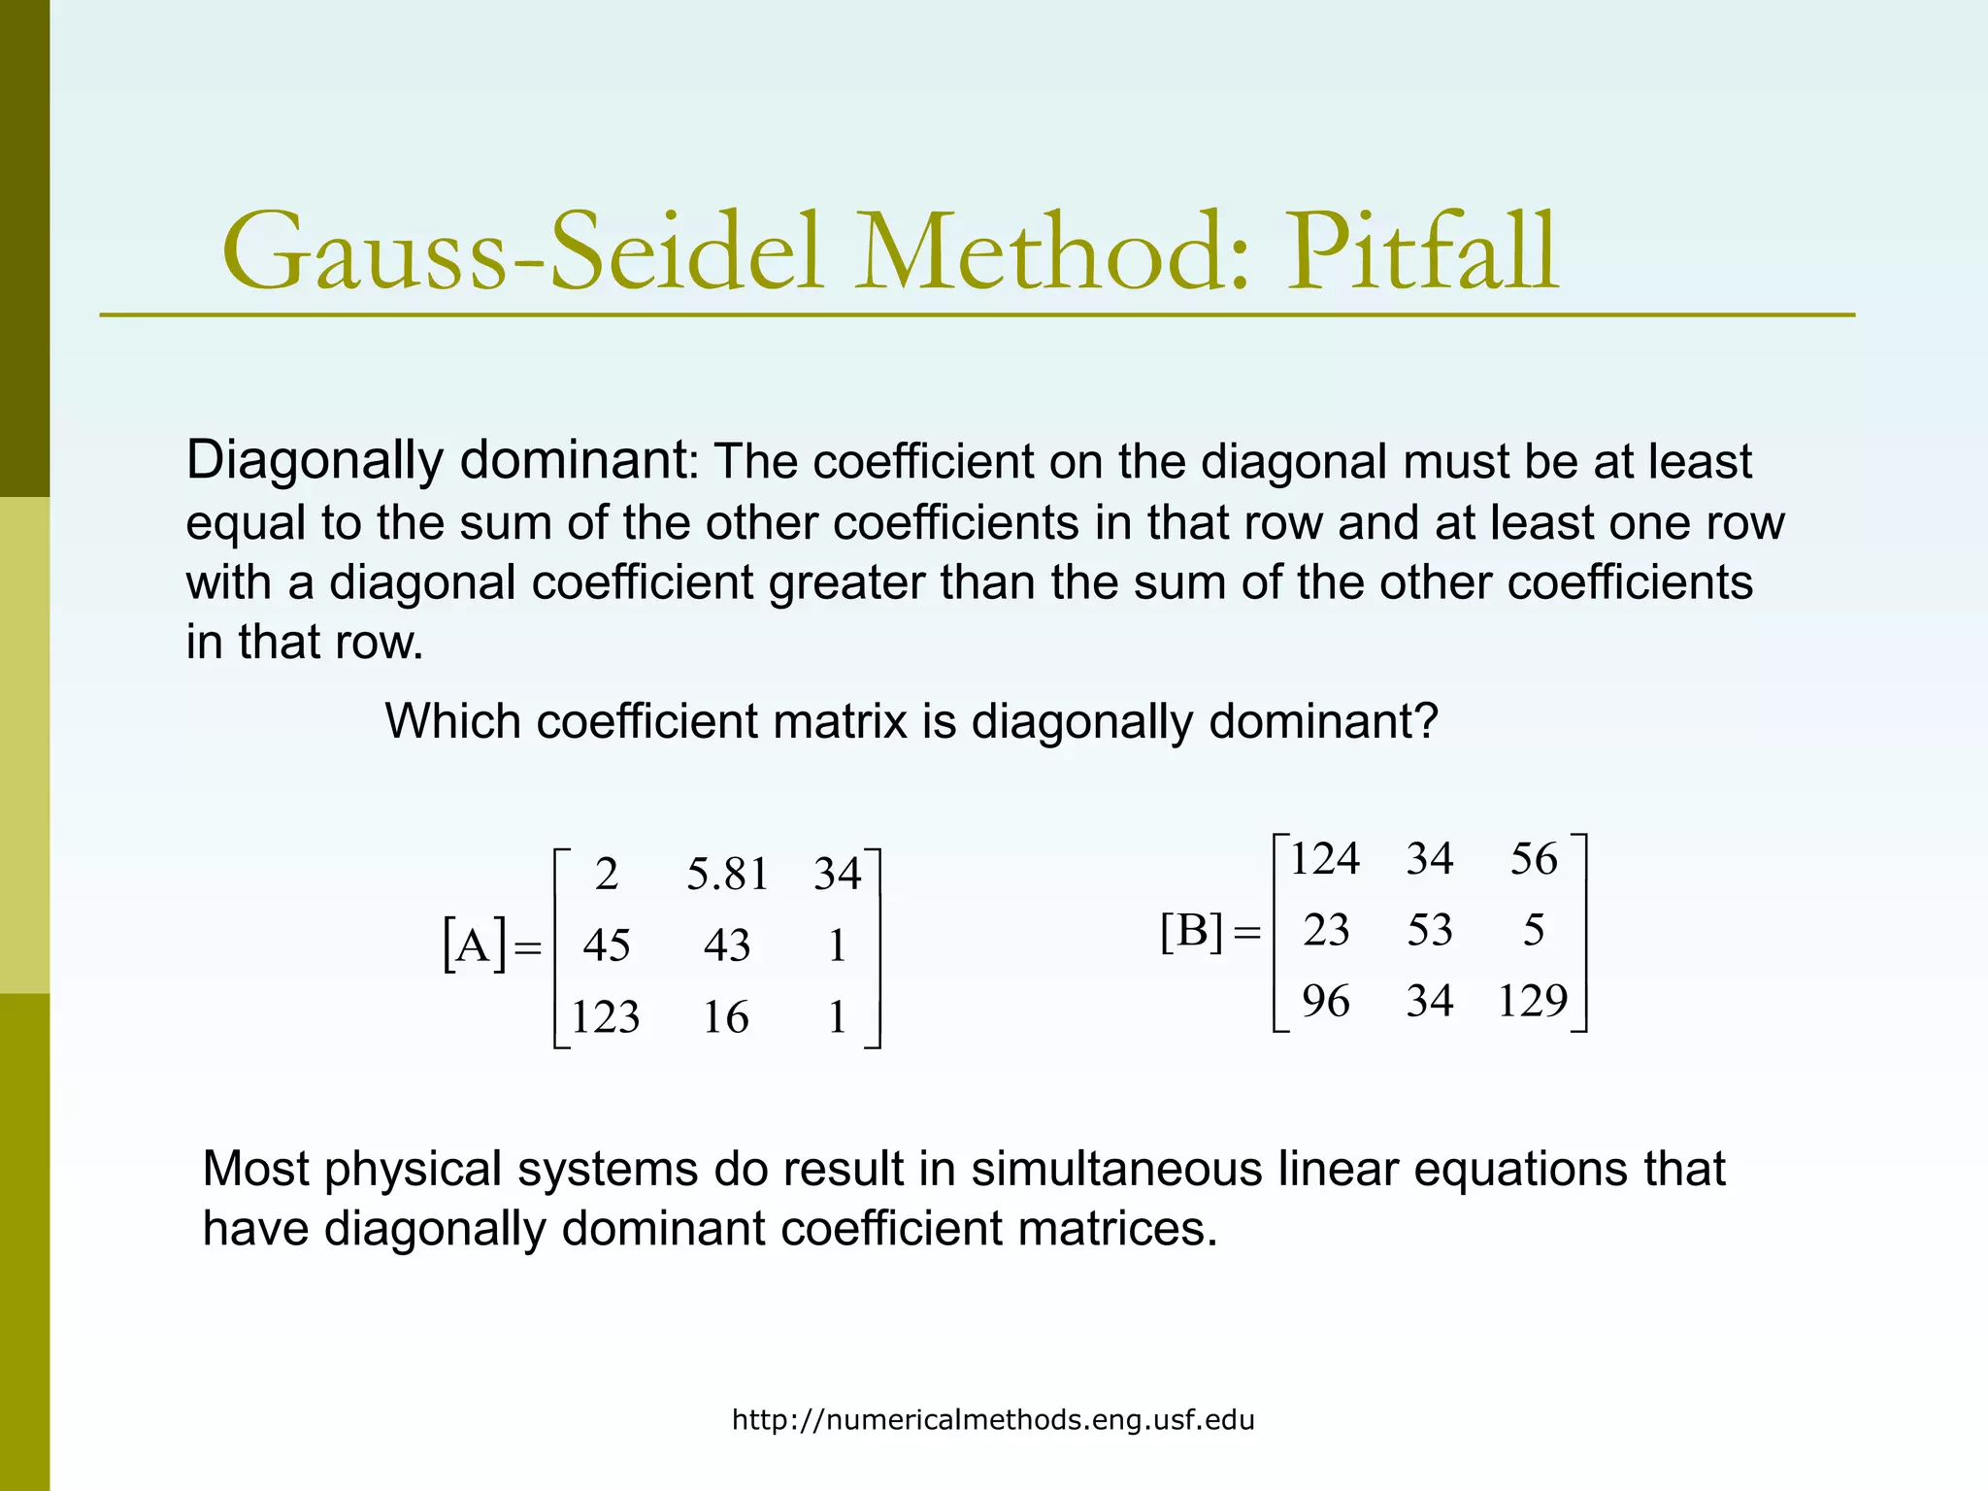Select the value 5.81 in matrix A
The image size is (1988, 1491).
(727, 875)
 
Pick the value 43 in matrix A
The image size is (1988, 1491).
(727, 945)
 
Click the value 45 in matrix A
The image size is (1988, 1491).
(607, 945)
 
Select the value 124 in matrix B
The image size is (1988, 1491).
(1324, 859)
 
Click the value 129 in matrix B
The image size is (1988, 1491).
(1532, 1001)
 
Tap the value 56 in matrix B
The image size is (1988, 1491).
(1534, 859)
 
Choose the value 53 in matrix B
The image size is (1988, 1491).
(1430, 930)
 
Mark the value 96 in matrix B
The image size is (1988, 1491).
(1325, 1001)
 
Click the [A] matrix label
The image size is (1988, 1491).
(474, 944)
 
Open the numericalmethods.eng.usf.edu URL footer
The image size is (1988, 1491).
(993, 1421)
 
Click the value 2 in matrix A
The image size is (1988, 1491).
(607, 875)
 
